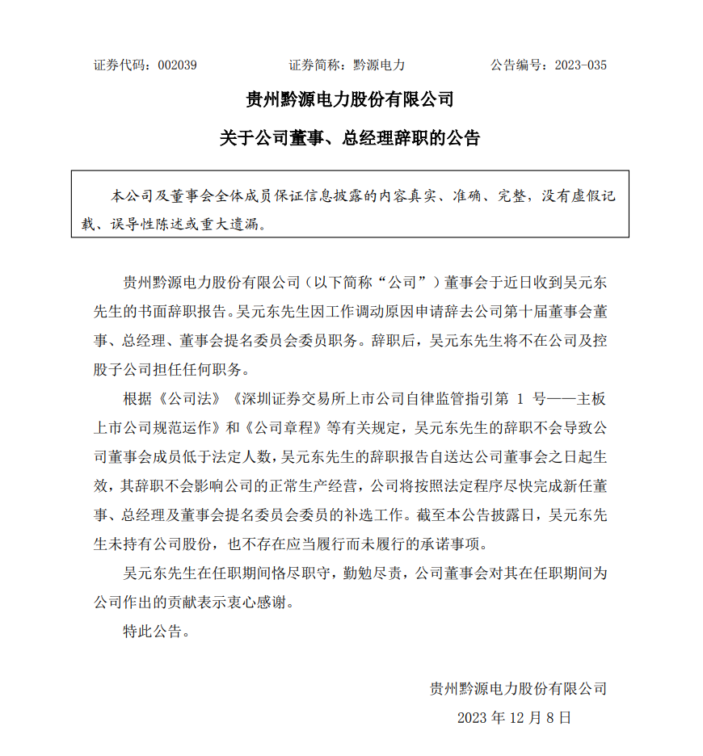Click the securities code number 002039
[178, 65]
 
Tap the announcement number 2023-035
[580, 65]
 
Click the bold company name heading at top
[350, 100]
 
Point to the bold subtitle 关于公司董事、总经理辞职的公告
[350, 138]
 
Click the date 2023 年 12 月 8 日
[514, 717]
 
